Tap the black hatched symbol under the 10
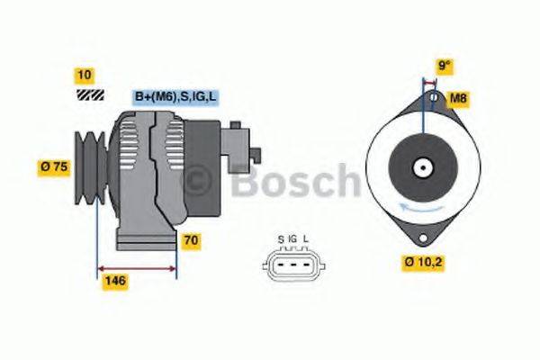87,94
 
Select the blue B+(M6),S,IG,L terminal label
175,96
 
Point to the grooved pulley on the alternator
90,165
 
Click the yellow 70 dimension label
192,240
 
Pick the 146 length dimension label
115,281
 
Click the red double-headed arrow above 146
136,268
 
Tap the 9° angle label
444,66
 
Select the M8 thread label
458,97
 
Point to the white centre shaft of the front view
421,167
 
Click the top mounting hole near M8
432,96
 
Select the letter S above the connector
281,238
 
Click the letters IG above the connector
293,238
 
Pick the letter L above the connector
306,238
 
